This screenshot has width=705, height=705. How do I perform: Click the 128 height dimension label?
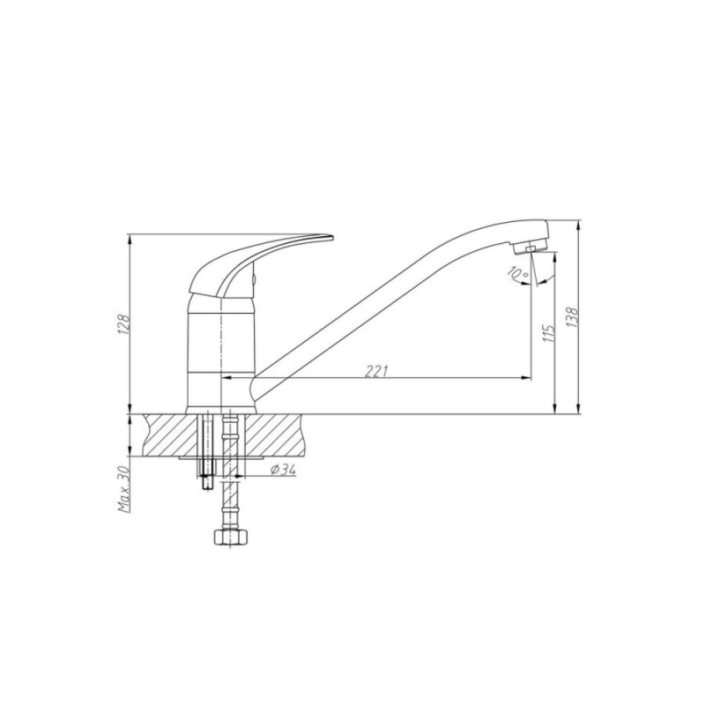pyautogui.click(x=123, y=323)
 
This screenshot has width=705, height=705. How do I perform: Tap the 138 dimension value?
pyautogui.click(x=572, y=317)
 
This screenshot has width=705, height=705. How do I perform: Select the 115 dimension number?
pyautogui.click(x=548, y=333)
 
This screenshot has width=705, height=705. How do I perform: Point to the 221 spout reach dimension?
pyautogui.click(x=376, y=371)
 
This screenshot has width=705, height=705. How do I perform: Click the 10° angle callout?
pyautogui.click(x=518, y=272)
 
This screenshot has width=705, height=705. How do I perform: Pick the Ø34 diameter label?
pyautogui.click(x=283, y=470)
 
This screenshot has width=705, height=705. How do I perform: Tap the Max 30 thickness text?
pyautogui.click(x=124, y=489)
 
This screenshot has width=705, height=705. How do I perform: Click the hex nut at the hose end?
pyautogui.click(x=232, y=537)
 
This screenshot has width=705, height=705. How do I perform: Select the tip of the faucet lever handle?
pyautogui.click(x=333, y=236)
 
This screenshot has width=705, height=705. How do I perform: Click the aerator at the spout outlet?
pyautogui.click(x=531, y=248)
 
